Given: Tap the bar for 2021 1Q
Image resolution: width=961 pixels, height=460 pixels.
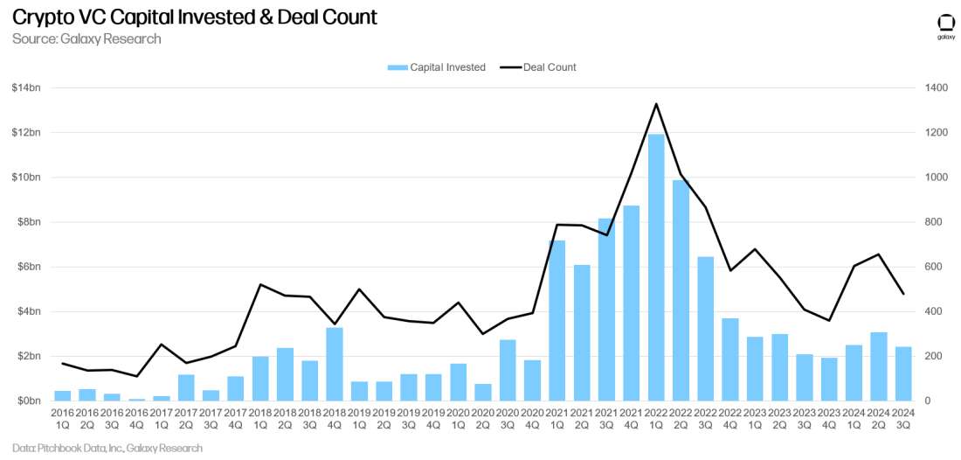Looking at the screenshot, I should coord(557,320).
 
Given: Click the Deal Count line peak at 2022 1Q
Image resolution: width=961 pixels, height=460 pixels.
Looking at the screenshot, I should coord(656,104).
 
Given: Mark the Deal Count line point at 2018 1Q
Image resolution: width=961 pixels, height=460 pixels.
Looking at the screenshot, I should coord(261,284).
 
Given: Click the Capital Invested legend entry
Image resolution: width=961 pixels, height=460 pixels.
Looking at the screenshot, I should coord(437,67).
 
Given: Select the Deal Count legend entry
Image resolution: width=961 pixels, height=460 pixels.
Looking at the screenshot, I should coord(539,67).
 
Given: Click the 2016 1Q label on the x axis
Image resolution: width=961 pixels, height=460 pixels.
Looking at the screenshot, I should coord(63,418).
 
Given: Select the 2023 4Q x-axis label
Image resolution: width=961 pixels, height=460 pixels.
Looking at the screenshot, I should coord(829,418).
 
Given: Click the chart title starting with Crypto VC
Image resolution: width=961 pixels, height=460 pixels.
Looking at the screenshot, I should coord(195,17).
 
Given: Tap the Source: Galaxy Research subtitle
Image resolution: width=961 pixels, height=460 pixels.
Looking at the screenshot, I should coord(86,38).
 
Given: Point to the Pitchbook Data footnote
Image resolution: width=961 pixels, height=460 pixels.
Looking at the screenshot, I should coord(107,448).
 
